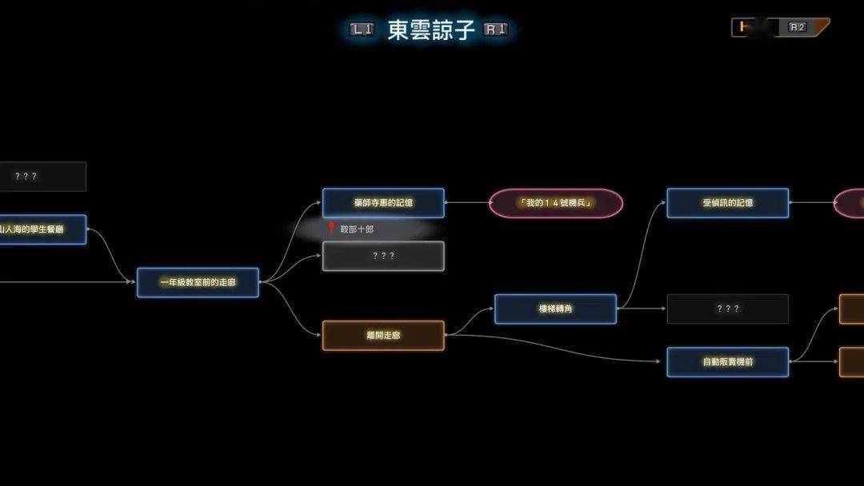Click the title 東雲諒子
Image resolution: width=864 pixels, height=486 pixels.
click(x=431, y=30)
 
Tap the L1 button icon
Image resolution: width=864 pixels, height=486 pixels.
click(x=362, y=30)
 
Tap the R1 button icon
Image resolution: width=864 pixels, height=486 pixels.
click(x=496, y=30)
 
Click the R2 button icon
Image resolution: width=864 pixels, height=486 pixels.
click(x=798, y=27)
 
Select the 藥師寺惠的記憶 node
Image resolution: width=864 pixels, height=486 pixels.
click(x=383, y=203)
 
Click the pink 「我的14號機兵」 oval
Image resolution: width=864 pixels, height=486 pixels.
click(x=556, y=203)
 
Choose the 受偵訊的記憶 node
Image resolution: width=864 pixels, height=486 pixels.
click(x=727, y=203)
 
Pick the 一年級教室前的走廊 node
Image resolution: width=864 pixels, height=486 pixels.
click(x=198, y=282)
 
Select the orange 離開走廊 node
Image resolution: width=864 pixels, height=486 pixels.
click(x=383, y=336)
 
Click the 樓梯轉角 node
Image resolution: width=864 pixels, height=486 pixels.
click(x=555, y=309)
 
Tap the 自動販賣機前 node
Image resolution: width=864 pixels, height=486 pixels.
click(x=727, y=362)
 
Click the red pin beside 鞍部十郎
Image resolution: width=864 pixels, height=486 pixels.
click(x=331, y=228)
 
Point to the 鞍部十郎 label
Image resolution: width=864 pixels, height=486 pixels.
click(x=357, y=229)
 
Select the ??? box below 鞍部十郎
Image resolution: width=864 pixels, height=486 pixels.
click(x=383, y=257)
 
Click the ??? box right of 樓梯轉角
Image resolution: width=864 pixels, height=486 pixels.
click(x=727, y=309)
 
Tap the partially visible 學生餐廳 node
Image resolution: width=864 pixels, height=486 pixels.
click(x=40, y=229)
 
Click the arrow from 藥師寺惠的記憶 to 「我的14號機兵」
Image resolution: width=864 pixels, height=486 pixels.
click(x=467, y=203)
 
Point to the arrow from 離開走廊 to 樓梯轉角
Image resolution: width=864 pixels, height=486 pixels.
click(x=470, y=320)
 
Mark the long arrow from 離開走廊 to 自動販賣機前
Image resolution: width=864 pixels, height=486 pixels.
click(x=560, y=350)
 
